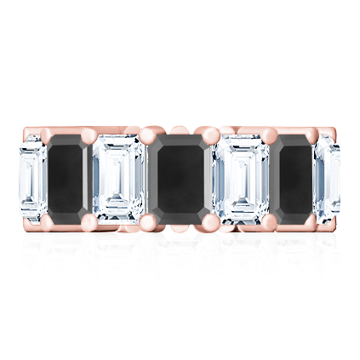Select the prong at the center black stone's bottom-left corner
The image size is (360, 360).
coord(150,220)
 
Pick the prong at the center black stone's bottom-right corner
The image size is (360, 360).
coord(209,220)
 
